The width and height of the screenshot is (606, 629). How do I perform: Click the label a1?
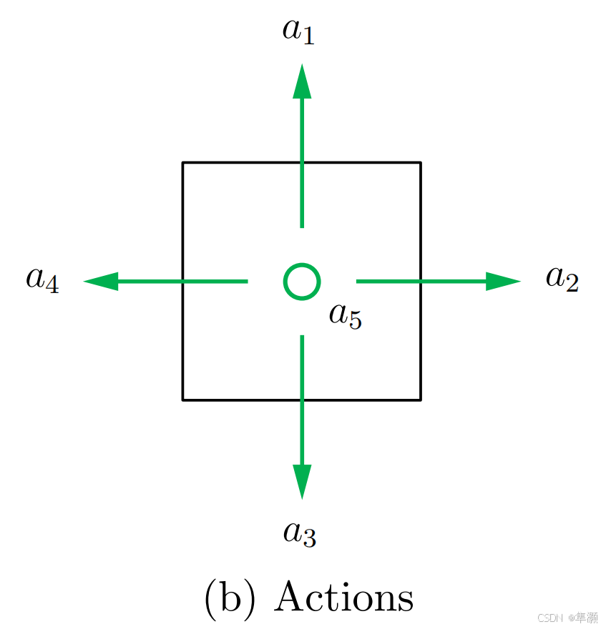(x=299, y=31)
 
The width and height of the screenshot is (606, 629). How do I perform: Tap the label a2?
(x=562, y=279)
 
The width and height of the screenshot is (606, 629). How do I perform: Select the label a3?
(x=299, y=533)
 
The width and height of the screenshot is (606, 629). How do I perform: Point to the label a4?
(x=42, y=279)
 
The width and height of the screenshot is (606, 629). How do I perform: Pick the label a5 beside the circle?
(x=346, y=315)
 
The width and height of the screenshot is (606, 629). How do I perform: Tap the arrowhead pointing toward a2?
(x=502, y=281)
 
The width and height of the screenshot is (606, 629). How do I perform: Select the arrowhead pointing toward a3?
(x=302, y=481)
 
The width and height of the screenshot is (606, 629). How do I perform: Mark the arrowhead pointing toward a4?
(x=101, y=281)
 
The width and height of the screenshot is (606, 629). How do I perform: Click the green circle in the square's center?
(x=302, y=281)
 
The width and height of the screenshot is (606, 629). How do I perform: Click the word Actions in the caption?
(x=344, y=597)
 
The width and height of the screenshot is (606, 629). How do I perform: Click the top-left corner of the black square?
(x=183, y=163)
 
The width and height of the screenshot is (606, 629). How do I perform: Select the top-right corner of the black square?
(x=420, y=163)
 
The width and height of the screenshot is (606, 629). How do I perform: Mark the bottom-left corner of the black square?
(x=183, y=400)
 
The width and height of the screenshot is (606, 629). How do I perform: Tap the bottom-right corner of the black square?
(x=420, y=400)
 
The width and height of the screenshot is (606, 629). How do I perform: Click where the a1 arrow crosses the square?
(x=302, y=163)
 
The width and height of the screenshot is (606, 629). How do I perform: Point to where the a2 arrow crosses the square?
(x=420, y=281)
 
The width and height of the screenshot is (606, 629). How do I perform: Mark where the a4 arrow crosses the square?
(x=183, y=281)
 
